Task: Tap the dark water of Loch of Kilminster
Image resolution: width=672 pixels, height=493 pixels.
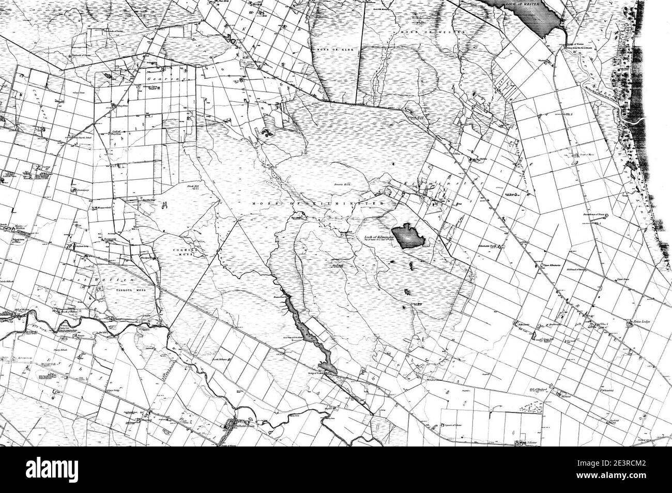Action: tap(410, 235)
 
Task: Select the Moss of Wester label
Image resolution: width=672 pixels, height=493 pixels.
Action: tap(433, 32)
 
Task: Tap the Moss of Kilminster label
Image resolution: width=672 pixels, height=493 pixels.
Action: tap(317, 205)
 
